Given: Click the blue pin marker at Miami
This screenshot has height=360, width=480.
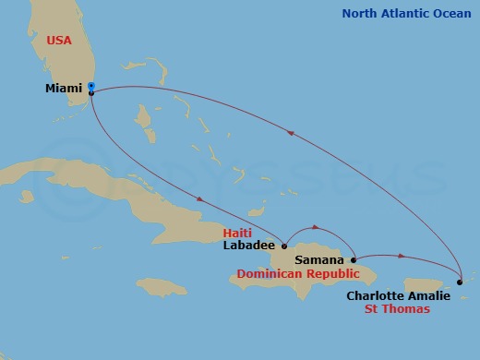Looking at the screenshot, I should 91,88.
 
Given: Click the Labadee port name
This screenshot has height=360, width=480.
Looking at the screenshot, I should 249,246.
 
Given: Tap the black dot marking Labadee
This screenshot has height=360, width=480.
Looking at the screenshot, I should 284,246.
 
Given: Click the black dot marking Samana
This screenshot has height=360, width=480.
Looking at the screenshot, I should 354,260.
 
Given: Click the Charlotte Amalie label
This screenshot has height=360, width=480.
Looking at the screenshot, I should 399,295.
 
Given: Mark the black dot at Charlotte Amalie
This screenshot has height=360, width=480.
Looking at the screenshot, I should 460,282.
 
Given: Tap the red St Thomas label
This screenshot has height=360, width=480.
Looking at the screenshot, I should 399,309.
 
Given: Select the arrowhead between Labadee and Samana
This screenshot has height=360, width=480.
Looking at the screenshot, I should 318,226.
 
